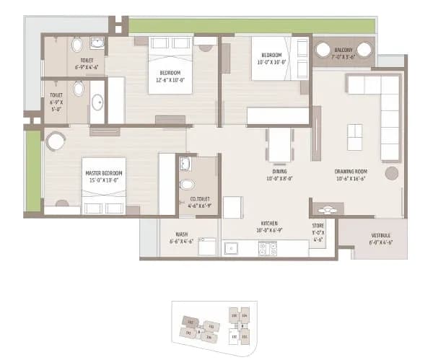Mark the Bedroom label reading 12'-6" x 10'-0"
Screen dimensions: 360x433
click(171, 76)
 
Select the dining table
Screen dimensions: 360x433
click(279, 144)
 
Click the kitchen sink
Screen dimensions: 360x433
click(233, 249)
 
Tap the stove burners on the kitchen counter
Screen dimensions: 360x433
click(268, 249)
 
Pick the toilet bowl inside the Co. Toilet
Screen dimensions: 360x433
click(187, 183)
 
